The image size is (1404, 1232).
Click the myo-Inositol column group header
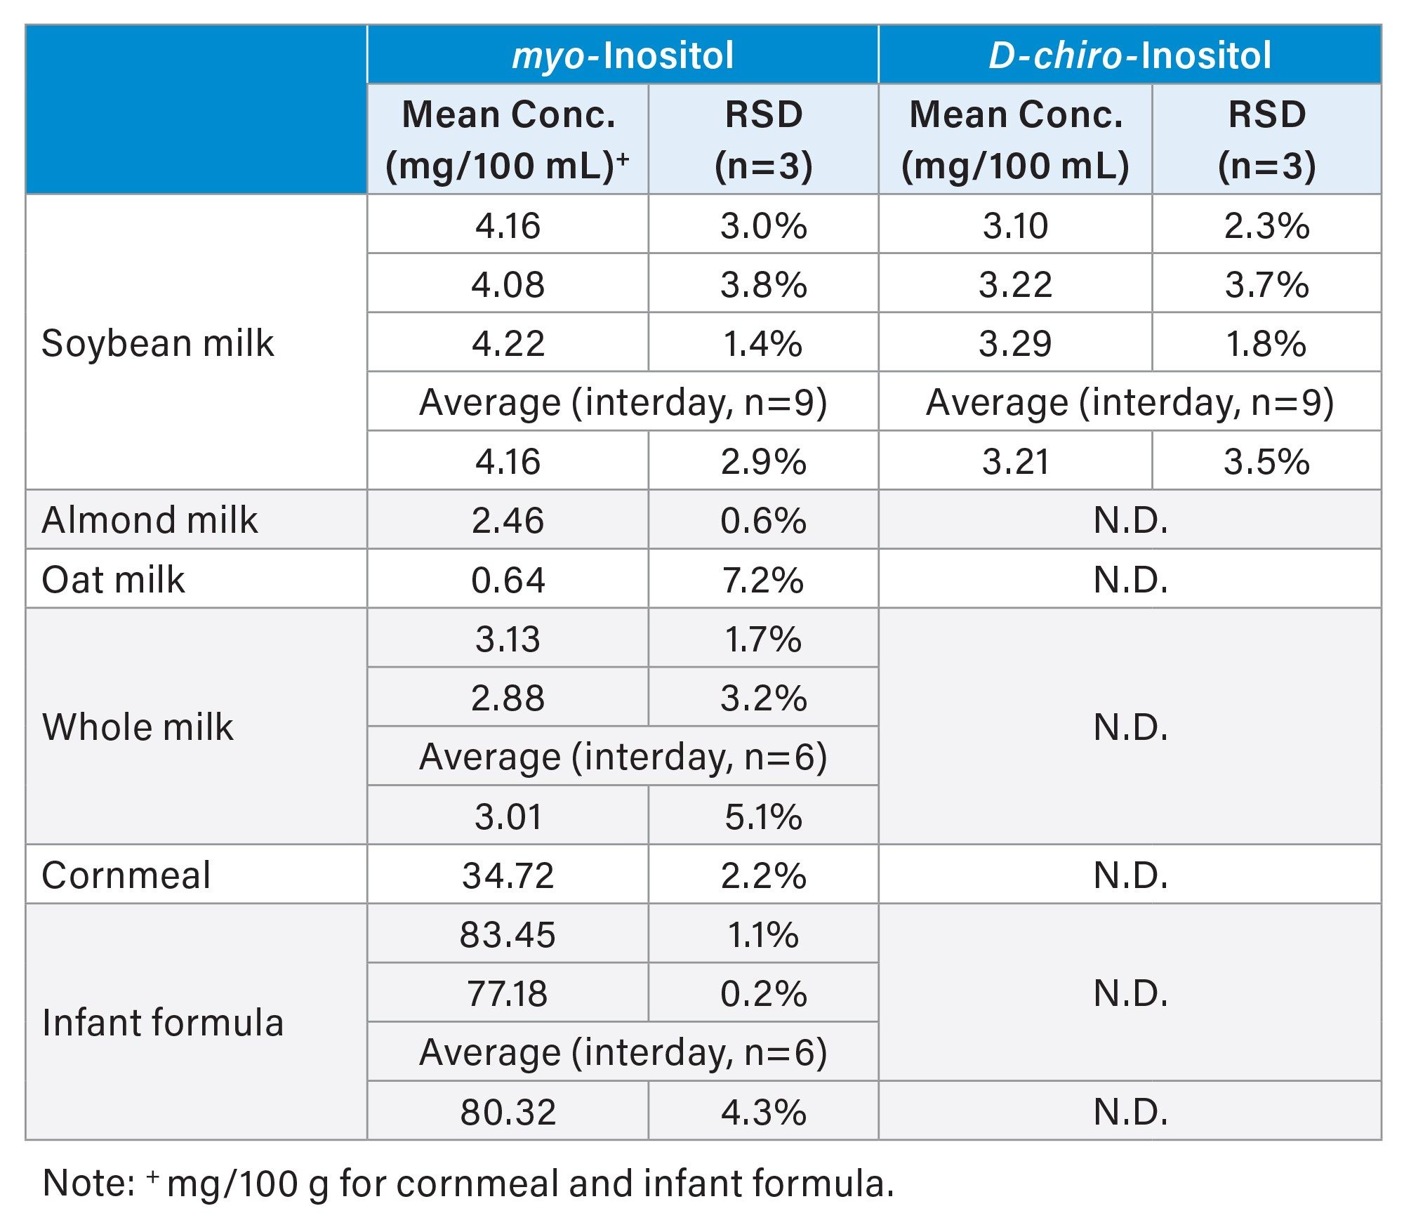pos(623,55)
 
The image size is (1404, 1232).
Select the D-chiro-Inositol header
pos(1130,55)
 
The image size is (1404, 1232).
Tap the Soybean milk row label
pos(158,343)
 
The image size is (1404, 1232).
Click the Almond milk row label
pos(150,520)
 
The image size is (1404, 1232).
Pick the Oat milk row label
pos(113,580)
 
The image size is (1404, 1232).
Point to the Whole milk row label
pos(138,727)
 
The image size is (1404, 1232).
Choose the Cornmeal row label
pos(126,875)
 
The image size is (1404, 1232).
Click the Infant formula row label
pos(163,1023)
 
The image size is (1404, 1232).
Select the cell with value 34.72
pos(508,875)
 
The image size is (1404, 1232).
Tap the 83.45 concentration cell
pos(508,934)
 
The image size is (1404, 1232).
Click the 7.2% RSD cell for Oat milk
pos(763,580)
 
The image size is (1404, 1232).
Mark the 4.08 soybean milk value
pos(508,284)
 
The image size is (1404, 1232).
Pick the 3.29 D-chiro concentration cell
pos(1015,343)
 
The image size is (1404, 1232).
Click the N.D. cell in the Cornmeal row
pos(1130,875)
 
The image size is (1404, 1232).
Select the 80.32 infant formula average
pos(508,1112)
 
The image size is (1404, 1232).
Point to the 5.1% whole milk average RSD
pos(763,816)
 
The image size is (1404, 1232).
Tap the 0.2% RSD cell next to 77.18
pos(763,993)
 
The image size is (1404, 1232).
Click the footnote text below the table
pos(468,1183)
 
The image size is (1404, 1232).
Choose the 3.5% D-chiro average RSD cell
pos(1266,461)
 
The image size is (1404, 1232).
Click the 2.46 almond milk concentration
pos(508,520)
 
